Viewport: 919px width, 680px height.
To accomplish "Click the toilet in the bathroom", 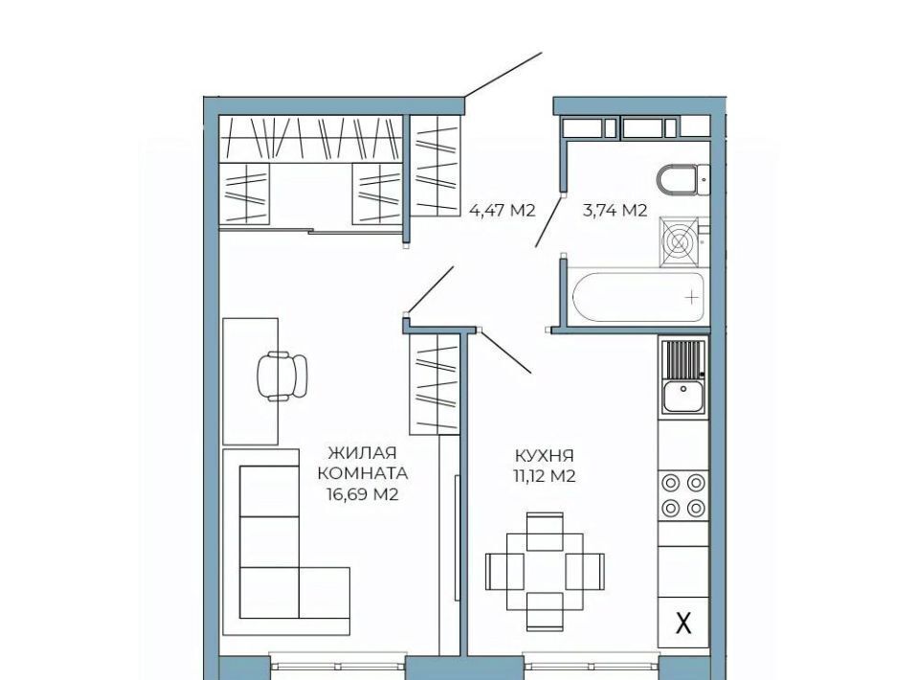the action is pyautogui.click(x=684, y=180).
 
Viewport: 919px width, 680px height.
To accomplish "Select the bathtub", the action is pyautogui.click(x=638, y=297).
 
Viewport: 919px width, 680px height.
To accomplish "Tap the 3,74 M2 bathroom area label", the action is pyautogui.click(x=615, y=210).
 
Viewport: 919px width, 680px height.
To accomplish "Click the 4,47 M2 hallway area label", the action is pyautogui.click(x=503, y=210).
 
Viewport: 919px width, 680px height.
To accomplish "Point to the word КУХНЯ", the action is pyautogui.click(x=545, y=456).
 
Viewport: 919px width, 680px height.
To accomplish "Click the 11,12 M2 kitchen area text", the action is pyautogui.click(x=545, y=476).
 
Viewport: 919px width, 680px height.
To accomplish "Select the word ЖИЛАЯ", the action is pyautogui.click(x=362, y=453).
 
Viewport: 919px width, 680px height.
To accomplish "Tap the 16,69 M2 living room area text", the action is pyautogui.click(x=362, y=495).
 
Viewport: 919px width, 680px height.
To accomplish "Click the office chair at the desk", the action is pyautogui.click(x=281, y=375).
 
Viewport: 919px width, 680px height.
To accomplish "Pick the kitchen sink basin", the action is pyautogui.click(x=684, y=397).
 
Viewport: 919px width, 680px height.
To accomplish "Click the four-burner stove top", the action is pyautogui.click(x=684, y=496).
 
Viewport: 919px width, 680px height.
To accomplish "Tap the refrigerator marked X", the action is pyautogui.click(x=684, y=623).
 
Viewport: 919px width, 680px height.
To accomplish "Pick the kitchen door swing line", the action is pyautogui.click(x=505, y=351).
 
